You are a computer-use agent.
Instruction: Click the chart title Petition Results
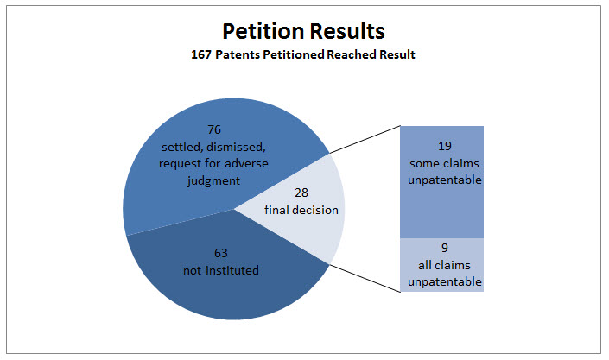point(303,31)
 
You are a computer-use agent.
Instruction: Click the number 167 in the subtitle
point(201,54)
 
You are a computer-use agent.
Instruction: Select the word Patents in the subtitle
point(238,54)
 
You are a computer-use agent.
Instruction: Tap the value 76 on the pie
point(214,129)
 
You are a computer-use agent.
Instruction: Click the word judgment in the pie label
point(213,181)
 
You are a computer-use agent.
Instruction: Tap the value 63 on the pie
point(220,253)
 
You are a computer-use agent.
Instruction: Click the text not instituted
point(221,270)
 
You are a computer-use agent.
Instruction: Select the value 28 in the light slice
point(301,193)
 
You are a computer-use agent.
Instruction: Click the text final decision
point(301,210)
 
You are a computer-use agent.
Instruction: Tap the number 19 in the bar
point(445,146)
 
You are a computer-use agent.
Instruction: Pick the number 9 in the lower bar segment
point(445,248)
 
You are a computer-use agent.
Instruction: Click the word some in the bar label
point(423,163)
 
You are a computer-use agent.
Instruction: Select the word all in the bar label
point(424,265)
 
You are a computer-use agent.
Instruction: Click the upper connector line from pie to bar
point(365,139)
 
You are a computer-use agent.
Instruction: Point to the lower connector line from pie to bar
point(365,278)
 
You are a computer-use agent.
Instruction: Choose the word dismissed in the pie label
point(236,147)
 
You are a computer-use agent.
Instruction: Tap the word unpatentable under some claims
point(445,180)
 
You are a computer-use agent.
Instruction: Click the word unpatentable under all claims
point(445,282)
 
